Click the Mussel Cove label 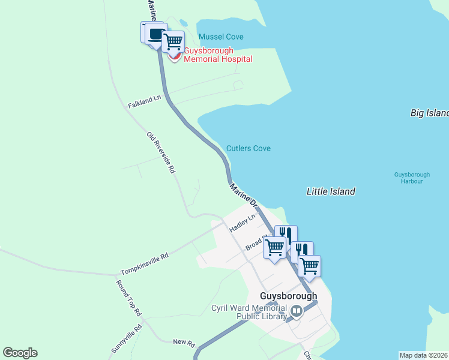(x=221, y=37)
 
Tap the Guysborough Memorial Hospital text (x=217, y=55)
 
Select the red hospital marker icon (x=175, y=57)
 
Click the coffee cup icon (x=155, y=34)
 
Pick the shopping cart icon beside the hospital (x=173, y=41)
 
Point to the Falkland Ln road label (x=145, y=101)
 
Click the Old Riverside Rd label (x=161, y=153)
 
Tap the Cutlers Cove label (x=248, y=148)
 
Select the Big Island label (x=429, y=113)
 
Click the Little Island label (x=331, y=191)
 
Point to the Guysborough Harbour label (x=408, y=178)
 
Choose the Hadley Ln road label (x=243, y=221)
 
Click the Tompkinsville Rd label (x=144, y=263)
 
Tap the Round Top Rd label (x=128, y=298)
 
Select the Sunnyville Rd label (x=126, y=338)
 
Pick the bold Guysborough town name (x=288, y=296)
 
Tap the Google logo (x=20, y=353)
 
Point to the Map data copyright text (x=423, y=355)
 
